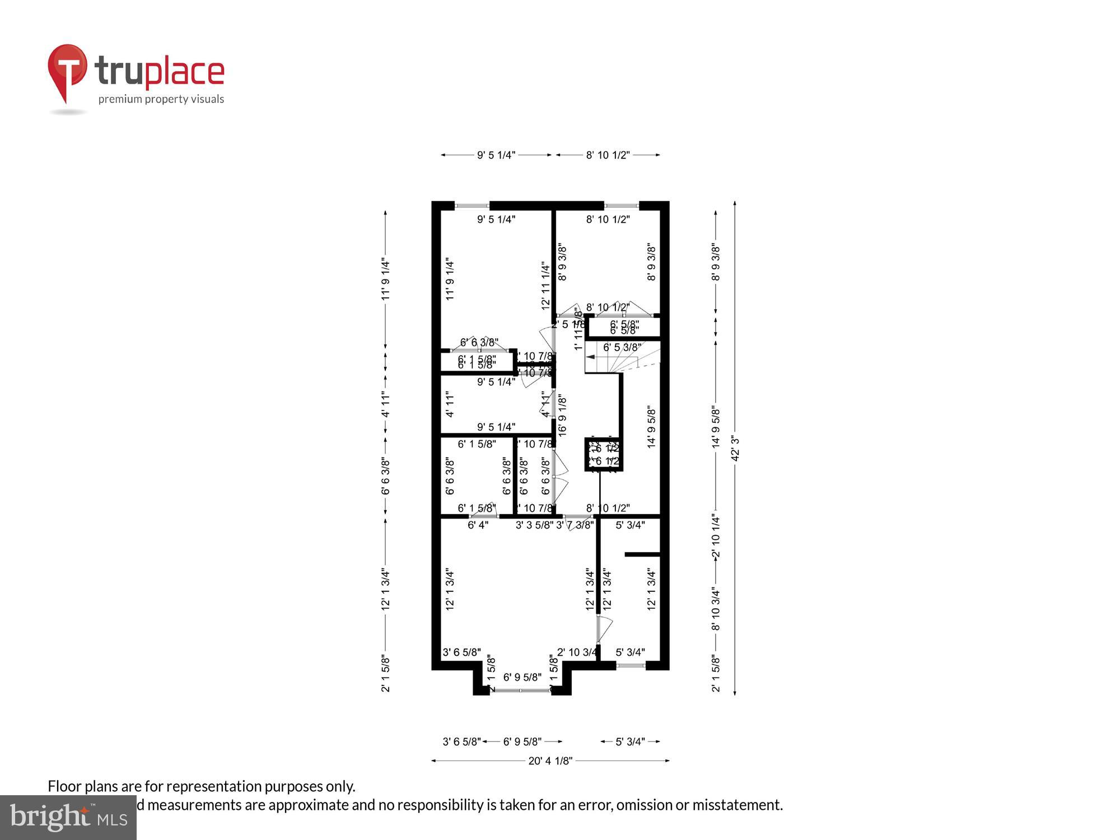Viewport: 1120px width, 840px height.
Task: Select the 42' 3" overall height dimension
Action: (x=735, y=448)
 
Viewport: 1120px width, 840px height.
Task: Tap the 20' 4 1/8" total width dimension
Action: (x=550, y=760)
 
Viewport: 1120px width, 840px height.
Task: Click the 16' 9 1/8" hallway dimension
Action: (x=563, y=416)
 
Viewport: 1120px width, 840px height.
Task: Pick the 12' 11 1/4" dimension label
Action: (x=546, y=286)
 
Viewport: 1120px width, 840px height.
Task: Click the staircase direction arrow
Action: (x=590, y=356)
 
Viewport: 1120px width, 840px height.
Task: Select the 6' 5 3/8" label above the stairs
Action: (x=622, y=347)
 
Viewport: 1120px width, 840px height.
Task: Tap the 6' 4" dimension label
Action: (x=478, y=525)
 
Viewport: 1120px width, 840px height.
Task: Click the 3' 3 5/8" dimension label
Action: (x=534, y=525)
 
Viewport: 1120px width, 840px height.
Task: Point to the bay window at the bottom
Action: (x=522, y=690)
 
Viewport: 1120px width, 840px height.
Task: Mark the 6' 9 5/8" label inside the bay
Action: (x=522, y=678)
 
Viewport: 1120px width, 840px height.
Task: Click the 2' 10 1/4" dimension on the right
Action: (x=716, y=536)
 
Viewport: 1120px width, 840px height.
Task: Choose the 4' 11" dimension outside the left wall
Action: (x=385, y=404)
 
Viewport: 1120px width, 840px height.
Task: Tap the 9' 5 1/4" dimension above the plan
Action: (x=496, y=155)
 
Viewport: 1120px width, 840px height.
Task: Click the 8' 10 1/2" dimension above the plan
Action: (x=608, y=155)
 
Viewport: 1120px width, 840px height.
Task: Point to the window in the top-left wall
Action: (x=472, y=206)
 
